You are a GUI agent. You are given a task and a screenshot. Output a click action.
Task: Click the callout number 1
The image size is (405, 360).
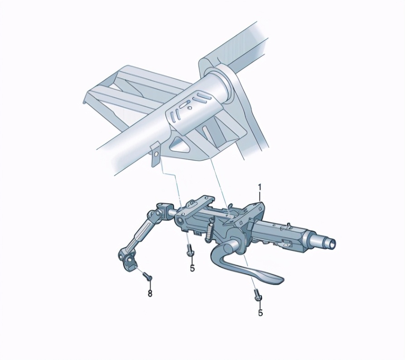[x=260, y=187]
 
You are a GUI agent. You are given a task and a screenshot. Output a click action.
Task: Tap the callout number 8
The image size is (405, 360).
[x=150, y=293]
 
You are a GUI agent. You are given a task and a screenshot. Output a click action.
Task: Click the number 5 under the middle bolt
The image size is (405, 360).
[x=193, y=268]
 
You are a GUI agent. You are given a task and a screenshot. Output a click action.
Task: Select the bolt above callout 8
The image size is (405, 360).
[x=147, y=277]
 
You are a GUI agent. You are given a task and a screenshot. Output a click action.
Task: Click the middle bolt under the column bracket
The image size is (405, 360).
[x=189, y=250]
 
